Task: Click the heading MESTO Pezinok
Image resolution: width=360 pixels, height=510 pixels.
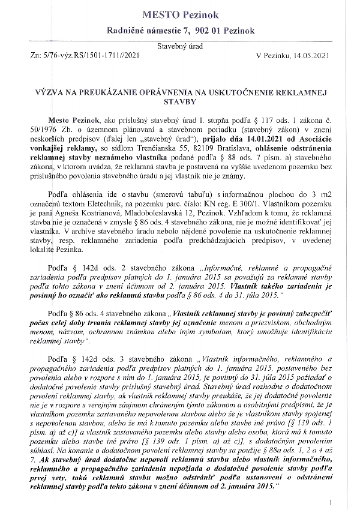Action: (180, 13)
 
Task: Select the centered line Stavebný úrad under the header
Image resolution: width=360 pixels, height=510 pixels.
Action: (180, 46)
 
